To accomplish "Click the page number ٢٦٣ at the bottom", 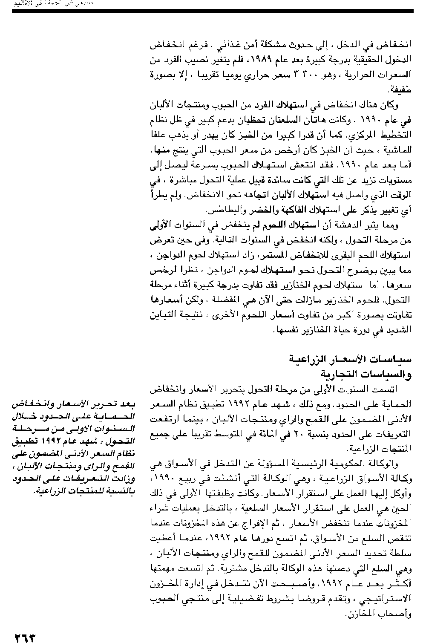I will (24, 637).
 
